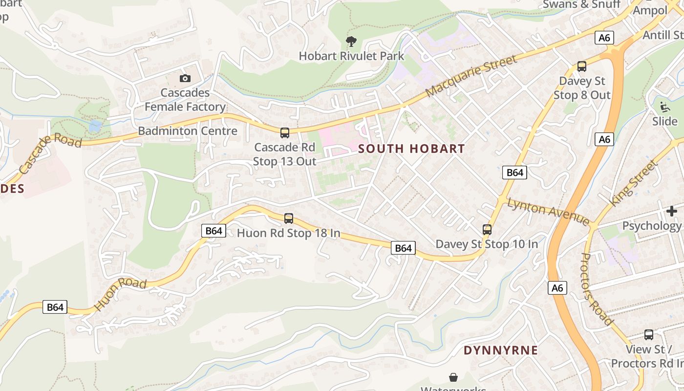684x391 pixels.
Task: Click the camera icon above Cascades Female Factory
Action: (185, 78)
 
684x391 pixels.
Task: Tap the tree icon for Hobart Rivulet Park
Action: (351, 42)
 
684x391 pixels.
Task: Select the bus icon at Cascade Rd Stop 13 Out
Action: (285, 132)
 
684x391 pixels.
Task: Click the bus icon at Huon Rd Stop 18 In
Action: (289, 218)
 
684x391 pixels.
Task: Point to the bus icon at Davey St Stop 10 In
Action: (487, 229)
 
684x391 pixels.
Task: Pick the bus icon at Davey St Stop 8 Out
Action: (582, 66)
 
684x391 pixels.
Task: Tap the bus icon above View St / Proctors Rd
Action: (649, 335)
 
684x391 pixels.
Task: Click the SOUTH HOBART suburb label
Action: (411, 149)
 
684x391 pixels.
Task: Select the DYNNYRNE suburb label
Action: (501, 350)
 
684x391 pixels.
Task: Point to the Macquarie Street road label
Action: (471, 76)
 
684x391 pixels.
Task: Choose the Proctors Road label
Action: (597, 289)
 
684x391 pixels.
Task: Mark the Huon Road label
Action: (120, 294)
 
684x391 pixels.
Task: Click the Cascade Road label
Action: (50, 153)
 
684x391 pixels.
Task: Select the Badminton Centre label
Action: (188, 131)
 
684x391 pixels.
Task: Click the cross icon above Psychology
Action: (672, 211)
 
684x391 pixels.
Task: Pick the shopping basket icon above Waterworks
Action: (453, 377)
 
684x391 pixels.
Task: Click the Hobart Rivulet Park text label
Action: (351, 56)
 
